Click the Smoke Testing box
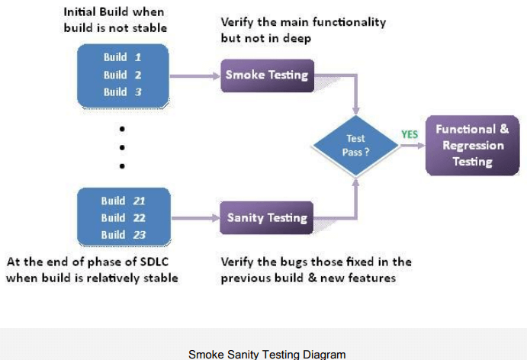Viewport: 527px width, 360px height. point(267,75)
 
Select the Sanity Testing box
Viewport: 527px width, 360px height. point(267,217)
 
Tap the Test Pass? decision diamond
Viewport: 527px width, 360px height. point(356,145)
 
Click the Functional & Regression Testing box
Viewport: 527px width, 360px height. point(472,145)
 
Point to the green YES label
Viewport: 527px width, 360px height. point(410,134)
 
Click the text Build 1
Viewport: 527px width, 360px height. point(122,57)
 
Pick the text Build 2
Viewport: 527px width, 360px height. point(122,75)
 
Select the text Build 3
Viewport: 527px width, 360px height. point(122,92)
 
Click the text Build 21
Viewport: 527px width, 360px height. point(123,201)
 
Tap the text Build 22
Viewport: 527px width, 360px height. point(123,217)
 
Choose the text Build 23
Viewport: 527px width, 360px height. point(123,234)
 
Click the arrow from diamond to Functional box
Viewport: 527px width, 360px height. point(412,146)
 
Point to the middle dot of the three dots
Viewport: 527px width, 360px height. point(122,146)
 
